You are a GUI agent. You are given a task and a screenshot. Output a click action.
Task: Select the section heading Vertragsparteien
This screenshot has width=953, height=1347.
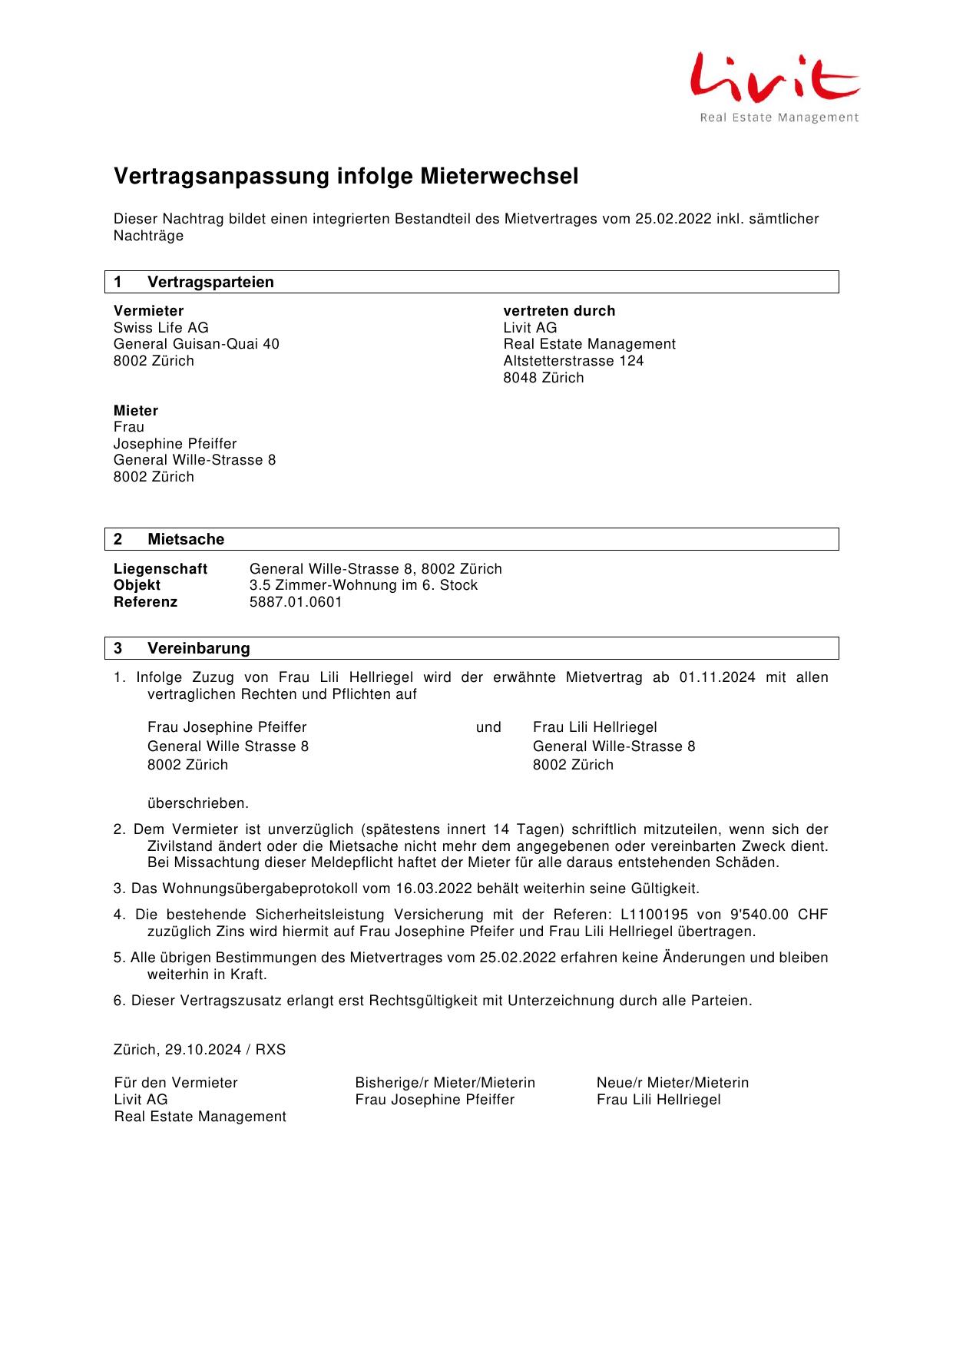point(210,282)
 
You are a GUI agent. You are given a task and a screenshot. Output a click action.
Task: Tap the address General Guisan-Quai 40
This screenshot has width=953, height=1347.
point(197,344)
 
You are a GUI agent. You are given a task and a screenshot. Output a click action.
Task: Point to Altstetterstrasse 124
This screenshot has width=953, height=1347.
point(573,361)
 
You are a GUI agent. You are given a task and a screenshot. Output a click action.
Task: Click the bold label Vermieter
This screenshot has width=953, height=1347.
point(148,311)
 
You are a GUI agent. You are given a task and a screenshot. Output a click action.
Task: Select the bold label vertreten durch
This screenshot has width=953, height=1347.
point(559,311)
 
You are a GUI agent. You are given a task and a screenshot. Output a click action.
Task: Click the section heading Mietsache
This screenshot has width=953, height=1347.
point(186,539)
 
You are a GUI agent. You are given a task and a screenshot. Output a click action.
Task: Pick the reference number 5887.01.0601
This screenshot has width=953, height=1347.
point(296,602)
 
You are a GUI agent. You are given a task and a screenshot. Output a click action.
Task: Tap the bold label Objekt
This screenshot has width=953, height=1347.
point(137,585)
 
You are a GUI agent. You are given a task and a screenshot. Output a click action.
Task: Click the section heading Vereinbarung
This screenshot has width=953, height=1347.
point(198,648)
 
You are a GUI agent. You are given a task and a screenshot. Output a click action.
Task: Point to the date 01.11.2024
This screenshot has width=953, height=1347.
point(716,677)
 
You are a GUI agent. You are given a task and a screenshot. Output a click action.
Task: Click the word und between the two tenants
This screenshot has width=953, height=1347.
point(488,727)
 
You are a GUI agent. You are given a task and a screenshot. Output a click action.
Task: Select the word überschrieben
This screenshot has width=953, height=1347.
point(197,803)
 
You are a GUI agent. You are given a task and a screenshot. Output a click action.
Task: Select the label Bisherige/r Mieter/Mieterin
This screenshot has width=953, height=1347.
point(445,1083)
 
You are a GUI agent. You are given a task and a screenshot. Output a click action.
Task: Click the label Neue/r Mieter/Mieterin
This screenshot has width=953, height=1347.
point(672,1083)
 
